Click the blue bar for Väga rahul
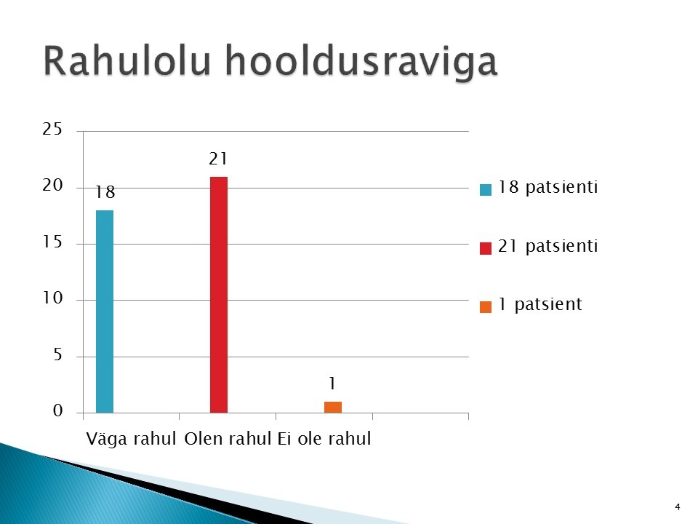coord(105,311)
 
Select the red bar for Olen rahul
coord(219,295)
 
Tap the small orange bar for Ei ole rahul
coord(333,408)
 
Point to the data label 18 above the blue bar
coord(105,192)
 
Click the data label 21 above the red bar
coord(218,159)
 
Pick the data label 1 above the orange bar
coord(332,384)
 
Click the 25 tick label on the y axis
coord(52,130)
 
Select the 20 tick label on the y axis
coord(52,186)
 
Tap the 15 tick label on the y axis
coord(52,242)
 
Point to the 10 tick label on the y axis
coord(52,298)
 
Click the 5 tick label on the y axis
coord(57,355)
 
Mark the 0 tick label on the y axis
coord(58,410)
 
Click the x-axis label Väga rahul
coord(132,439)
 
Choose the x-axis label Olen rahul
coord(228,439)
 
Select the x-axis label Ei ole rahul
coord(324,439)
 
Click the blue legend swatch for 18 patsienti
coord(486,190)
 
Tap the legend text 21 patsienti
coord(547,247)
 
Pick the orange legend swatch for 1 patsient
coord(486,307)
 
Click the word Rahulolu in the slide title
coord(127,60)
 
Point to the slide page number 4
coord(678,507)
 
